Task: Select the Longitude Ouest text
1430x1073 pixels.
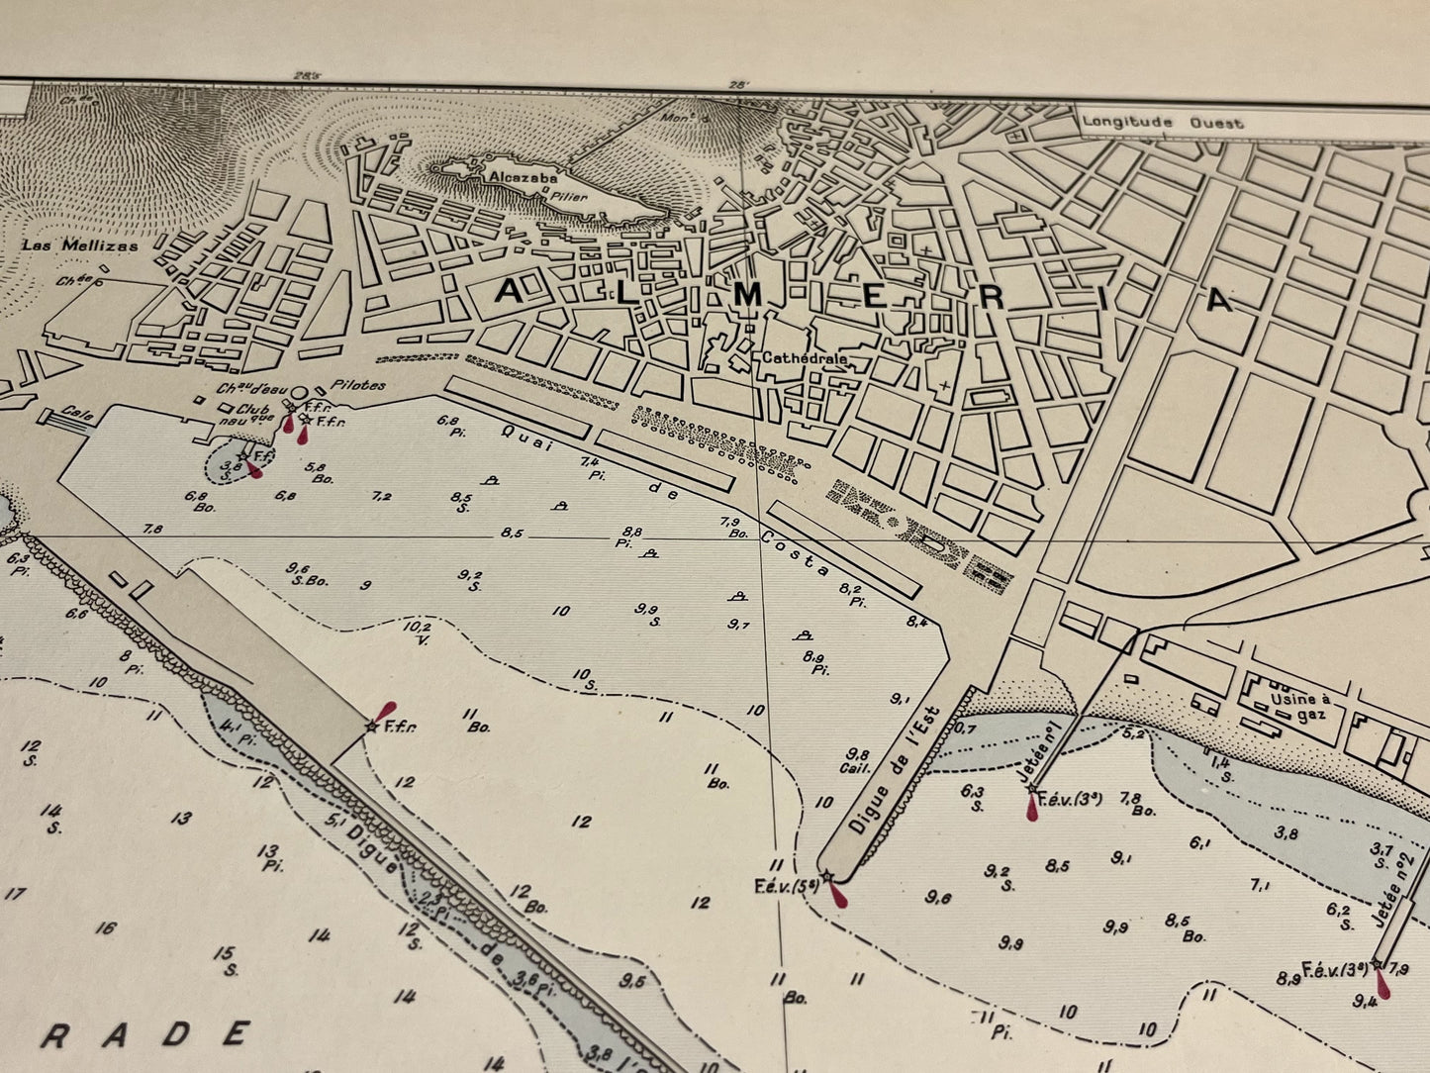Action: (x=1162, y=123)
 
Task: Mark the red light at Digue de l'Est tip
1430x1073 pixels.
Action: (x=839, y=896)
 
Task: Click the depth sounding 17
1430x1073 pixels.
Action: (x=15, y=893)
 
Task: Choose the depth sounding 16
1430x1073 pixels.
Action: (x=106, y=927)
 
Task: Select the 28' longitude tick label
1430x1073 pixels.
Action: (x=736, y=85)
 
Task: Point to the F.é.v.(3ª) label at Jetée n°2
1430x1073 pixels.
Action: (x=1335, y=967)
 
